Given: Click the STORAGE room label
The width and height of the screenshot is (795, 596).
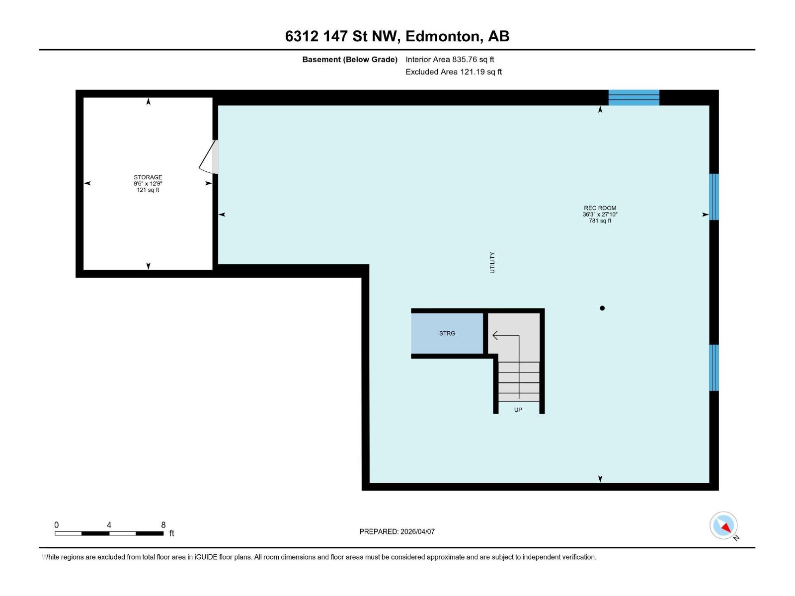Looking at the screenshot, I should tap(148, 177).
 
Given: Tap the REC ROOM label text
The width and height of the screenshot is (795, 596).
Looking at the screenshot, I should tap(600, 208).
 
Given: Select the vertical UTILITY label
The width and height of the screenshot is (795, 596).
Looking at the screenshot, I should tap(492, 262).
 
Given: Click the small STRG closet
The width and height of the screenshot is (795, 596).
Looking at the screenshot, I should tap(447, 333).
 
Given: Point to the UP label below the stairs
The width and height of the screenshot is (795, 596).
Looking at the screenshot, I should tap(518, 410).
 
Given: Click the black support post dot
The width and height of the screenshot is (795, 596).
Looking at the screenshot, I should tap(602, 308).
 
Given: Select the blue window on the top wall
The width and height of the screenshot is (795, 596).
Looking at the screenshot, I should tap(634, 97).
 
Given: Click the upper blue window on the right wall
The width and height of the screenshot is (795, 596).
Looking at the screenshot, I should tap(714, 197).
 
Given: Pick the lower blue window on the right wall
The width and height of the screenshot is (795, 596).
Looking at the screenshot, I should tap(714, 368).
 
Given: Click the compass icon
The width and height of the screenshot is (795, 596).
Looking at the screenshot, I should tap(724, 525).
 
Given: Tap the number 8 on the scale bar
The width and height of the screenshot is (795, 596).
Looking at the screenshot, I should tap(163, 525).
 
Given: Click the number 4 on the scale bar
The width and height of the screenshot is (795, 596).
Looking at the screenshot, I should tap(109, 525).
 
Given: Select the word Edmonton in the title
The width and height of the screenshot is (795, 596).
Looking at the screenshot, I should tap(443, 36).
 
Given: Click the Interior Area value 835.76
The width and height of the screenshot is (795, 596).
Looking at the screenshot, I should tap(464, 60).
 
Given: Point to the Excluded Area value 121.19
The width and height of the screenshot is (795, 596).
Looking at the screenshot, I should tap(472, 72).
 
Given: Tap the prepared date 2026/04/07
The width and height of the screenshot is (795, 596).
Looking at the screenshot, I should tap(417, 531).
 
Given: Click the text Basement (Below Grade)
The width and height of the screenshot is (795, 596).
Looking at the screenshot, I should tap(350, 60).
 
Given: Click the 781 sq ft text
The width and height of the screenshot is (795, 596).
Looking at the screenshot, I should tap(600, 221).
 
